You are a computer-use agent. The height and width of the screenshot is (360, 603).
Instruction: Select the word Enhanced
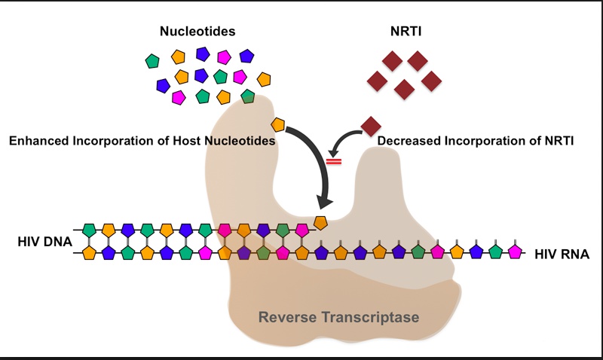38,140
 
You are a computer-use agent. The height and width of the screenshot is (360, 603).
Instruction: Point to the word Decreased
409,140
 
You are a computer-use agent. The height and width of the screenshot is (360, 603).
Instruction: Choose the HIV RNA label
562,254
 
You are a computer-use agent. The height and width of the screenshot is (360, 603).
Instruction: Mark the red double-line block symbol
333,160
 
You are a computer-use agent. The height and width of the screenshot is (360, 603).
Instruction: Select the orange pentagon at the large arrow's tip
320,222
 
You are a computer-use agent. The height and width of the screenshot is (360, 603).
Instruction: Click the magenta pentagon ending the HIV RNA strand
515,252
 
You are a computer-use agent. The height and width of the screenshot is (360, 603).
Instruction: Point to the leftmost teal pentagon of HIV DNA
89,228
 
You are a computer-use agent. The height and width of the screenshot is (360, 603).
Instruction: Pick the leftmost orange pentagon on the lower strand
89,252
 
